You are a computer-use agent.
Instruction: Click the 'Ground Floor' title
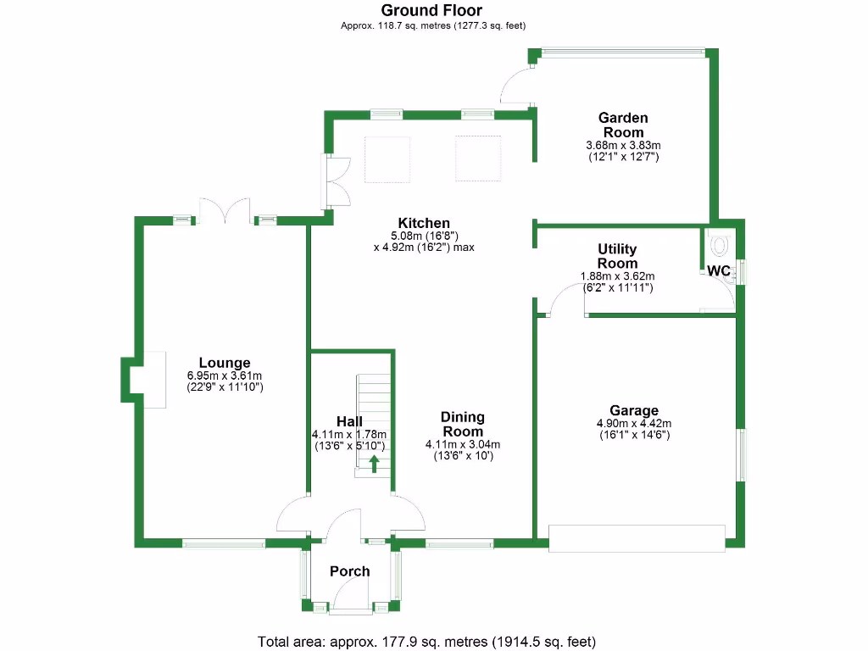click(x=431, y=11)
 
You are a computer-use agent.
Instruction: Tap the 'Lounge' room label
click(x=225, y=363)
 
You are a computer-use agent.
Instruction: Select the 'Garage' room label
click(x=633, y=411)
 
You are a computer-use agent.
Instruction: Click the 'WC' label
click(x=719, y=270)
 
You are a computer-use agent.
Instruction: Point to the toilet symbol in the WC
click(x=721, y=246)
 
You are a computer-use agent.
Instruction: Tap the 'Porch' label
click(x=350, y=571)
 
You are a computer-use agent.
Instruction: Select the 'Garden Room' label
click(x=623, y=125)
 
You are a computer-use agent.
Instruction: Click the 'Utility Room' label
click(x=617, y=256)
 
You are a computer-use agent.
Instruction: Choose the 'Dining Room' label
click(x=463, y=424)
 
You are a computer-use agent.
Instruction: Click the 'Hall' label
click(x=349, y=421)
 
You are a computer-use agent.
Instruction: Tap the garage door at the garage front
click(x=637, y=538)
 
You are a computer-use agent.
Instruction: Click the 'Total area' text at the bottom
click(x=427, y=641)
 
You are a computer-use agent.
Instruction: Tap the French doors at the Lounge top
click(x=225, y=210)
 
